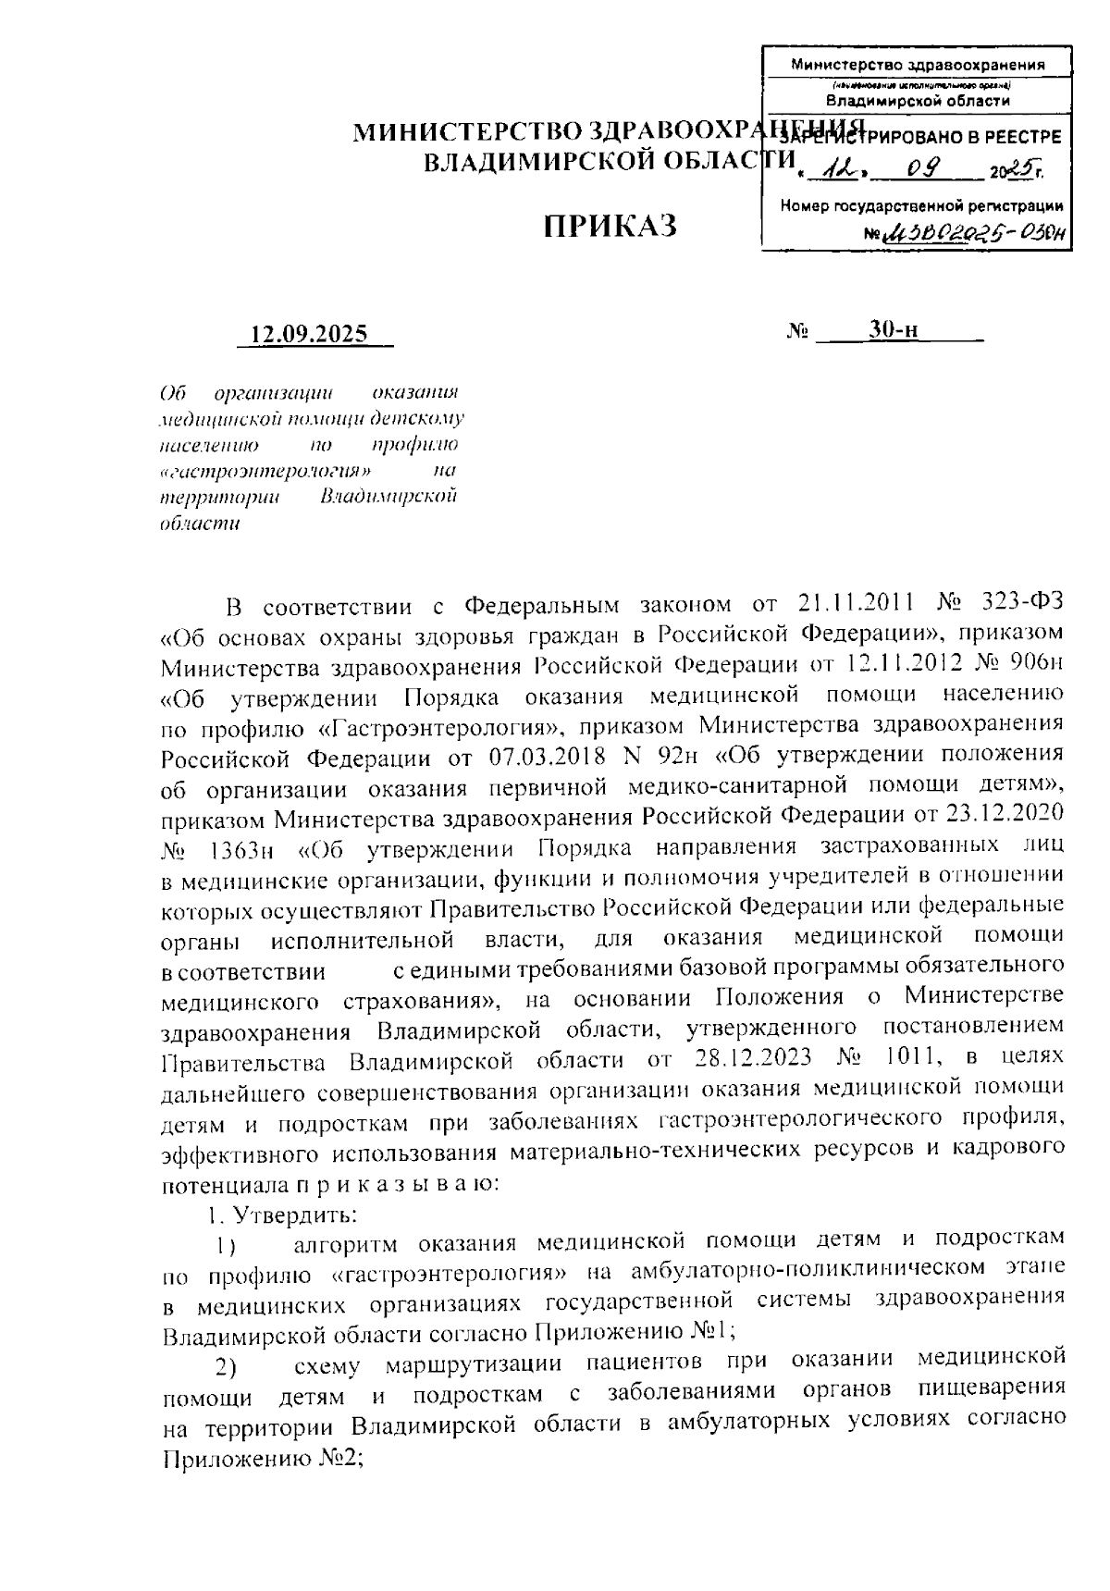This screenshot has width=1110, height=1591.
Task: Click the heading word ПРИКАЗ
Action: coord(610,225)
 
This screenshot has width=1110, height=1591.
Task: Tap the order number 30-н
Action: coord(893,330)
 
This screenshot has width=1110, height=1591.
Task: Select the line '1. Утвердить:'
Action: coord(281,1213)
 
